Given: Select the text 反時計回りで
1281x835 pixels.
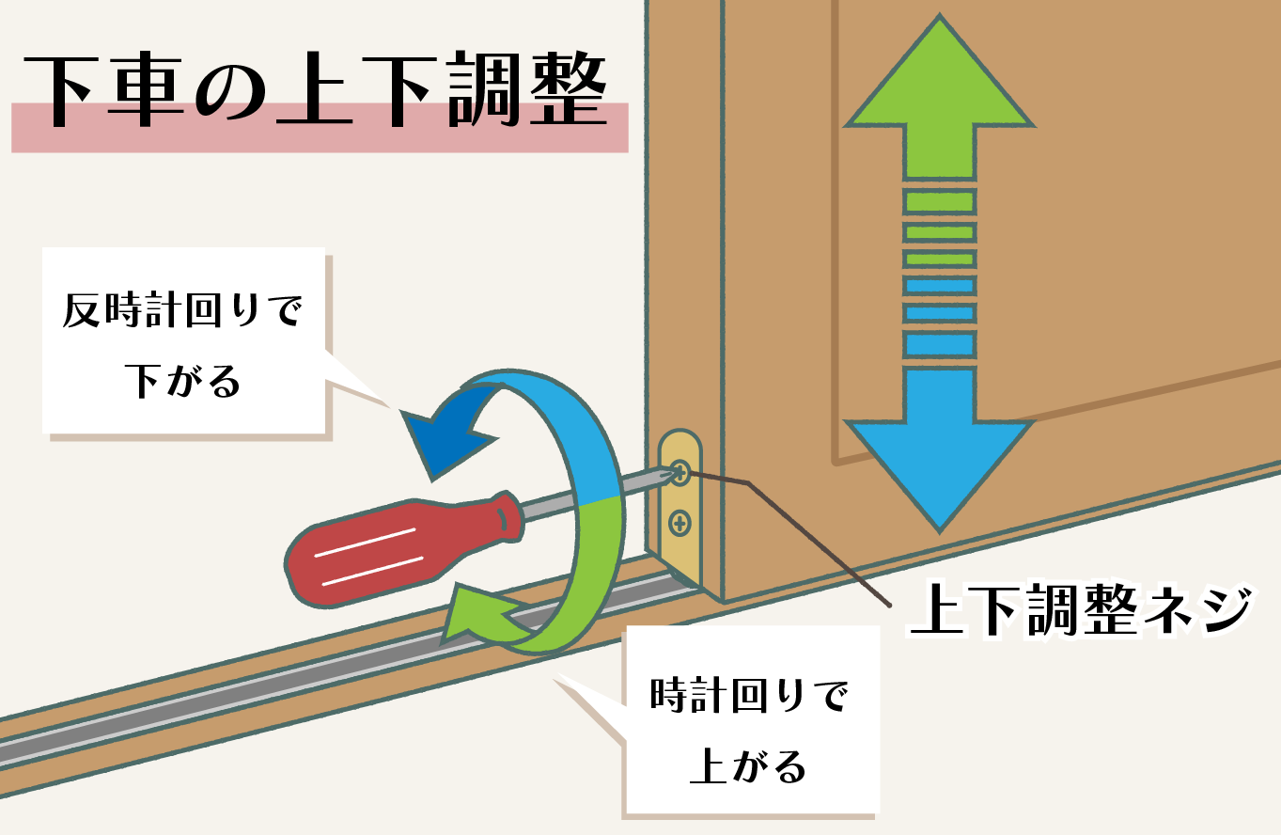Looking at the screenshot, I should [x=183, y=310].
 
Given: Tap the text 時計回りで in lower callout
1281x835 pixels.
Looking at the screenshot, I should [x=749, y=698].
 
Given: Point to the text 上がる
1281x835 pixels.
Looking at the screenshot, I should [x=749, y=766].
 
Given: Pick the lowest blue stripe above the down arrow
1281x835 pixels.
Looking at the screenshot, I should [x=939, y=344].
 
